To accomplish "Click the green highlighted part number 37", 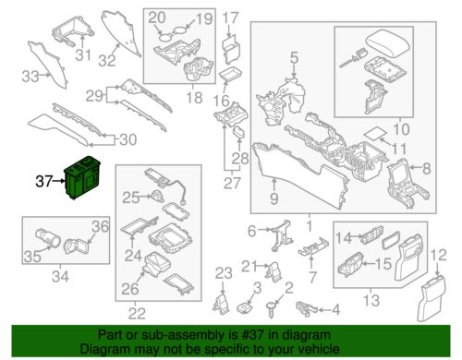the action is click(x=82, y=177).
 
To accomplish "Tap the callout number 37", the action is click(x=43, y=181).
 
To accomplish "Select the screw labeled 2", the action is click(x=272, y=309).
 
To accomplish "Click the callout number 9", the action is click(x=274, y=198).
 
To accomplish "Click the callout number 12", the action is click(x=439, y=255).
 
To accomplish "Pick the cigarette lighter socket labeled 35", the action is click(x=48, y=237).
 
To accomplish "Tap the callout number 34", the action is click(x=60, y=276).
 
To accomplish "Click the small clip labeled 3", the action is click(x=244, y=307).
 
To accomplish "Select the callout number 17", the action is click(x=230, y=18).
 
